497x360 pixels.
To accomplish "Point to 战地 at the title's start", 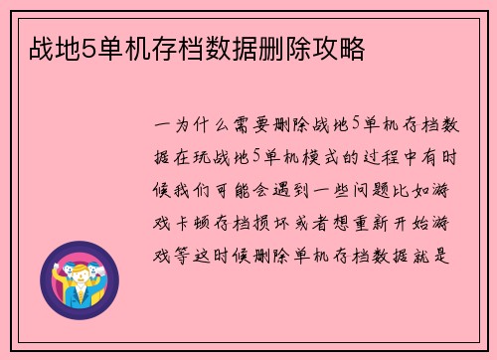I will [44, 47].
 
